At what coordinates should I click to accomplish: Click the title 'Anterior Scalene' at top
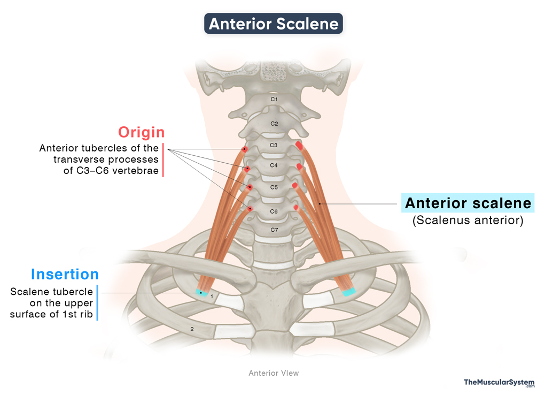tap(273, 24)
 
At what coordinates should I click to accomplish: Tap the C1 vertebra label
tap(274, 99)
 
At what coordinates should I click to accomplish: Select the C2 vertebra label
tap(274, 124)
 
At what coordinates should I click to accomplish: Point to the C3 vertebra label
tap(274, 145)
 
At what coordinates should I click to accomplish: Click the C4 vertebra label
tap(274, 165)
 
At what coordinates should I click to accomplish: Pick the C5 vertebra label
tap(274, 187)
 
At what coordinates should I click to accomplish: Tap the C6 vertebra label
tap(274, 211)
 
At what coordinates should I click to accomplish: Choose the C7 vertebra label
tap(274, 230)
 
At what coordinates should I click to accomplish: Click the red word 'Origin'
tap(141, 132)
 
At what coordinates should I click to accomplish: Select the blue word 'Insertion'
tap(65, 274)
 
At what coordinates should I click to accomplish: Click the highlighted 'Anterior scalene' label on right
tap(468, 203)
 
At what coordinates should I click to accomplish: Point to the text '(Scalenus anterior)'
tap(468, 220)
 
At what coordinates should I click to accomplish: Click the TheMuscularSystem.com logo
tap(499, 382)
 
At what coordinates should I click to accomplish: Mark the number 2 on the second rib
tap(192, 330)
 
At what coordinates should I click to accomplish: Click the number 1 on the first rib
tap(212, 295)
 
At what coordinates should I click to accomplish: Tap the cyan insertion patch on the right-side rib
tap(348, 292)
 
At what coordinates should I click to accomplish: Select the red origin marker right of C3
tap(300, 145)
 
